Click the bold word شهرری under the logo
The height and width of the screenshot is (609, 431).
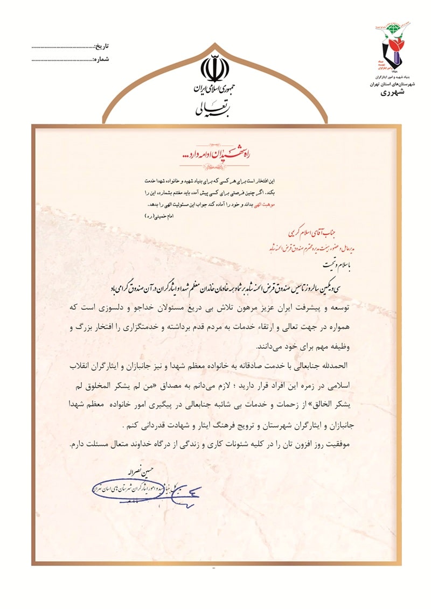(395, 93)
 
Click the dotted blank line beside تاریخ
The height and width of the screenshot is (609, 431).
(62, 47)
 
